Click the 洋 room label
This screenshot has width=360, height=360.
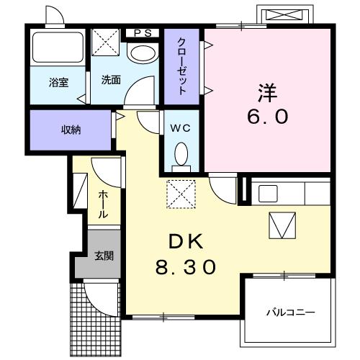pyautogui.click(x=268, y=94)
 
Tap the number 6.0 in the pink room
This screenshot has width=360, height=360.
pyautogui.click(x=268, y=117)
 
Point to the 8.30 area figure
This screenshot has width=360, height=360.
pyautogui.click(x=185, y=268)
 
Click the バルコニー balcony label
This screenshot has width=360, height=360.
pyautogui.click(x=291, y=312)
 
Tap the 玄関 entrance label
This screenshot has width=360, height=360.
pyautogui.click(x=104, y=256)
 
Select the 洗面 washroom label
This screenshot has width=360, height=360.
pyautogui.click(x=111, y=81)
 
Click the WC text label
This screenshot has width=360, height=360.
pyautogui.click(x=181, y=128)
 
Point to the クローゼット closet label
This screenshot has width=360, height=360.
pyautogui.click(x=183, y=66)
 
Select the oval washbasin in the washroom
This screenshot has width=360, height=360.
pyautogui.click(x=141, y=55)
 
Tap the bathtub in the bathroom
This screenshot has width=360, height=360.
pyautogui.click(x=57, y=47)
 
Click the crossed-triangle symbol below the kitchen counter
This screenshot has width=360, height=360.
pyautogui.click(x=283, y=227)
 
